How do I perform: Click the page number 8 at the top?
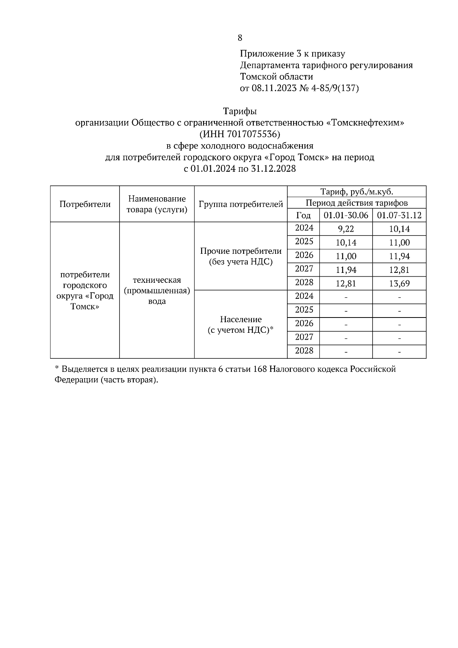[240, 38]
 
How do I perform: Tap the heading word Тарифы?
[240, 111]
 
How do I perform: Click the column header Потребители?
[85, 204]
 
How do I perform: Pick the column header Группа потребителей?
[240, 204]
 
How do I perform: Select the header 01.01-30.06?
[346, 215]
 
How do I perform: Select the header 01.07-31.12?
[399, 215]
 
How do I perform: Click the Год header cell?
[303, 215]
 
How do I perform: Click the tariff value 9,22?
[346, 229]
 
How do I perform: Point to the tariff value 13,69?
[399, 284]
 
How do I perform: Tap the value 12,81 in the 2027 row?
[399, 270]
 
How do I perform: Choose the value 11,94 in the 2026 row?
[399, 256]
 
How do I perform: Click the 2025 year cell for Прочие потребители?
[304, 242]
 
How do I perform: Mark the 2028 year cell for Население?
[304, 351]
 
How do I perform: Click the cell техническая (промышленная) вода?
[157, 290]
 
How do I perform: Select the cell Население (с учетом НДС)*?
[240, 324]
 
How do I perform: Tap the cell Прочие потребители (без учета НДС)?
[240, 256]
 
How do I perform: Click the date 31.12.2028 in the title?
[274, 169]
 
